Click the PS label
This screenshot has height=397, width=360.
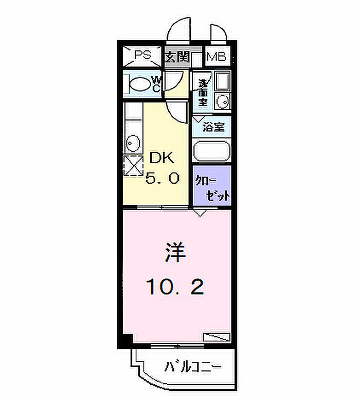142,55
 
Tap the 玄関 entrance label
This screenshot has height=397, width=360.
177,57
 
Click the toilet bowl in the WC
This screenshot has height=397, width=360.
139,84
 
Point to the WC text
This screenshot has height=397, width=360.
156,84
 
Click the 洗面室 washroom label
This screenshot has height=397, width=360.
203,93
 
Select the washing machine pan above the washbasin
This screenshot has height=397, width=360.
222,81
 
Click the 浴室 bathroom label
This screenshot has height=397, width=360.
213,127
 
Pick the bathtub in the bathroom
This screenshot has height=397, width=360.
212,151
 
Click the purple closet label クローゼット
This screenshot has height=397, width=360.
212,188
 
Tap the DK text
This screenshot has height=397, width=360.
162,158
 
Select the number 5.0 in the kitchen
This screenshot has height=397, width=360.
162,178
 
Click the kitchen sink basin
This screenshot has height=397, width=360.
133,144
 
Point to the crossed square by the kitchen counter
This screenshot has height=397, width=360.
133,166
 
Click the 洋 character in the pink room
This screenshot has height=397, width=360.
175,252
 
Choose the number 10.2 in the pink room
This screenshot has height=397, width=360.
175,287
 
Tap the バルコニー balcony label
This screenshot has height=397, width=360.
193,367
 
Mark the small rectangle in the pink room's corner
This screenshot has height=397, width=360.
217,337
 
